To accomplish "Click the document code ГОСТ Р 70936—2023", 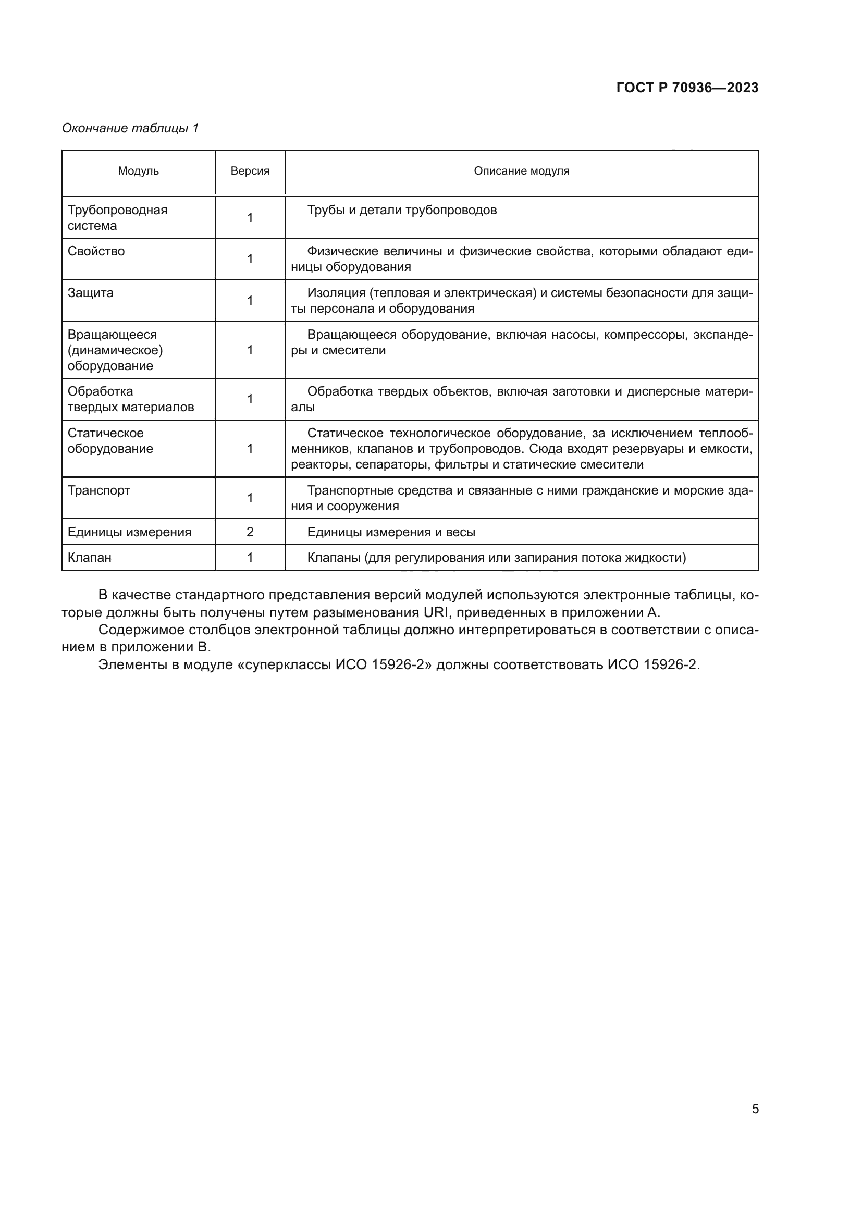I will [x=687, y=88].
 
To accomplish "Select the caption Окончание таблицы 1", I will [x=130, y=128].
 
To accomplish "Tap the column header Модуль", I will [x=138, y=171].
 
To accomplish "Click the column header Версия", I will [x=250, y=171].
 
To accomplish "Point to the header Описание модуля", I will [x=521, y=171].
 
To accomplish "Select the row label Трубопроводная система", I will [x=117, y=218].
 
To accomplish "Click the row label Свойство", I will [x=96, y=251].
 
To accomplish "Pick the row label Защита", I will [x=90, y=292].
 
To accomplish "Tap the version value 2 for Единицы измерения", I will [x=250, y=532].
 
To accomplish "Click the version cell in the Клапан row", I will [x=250, y=557].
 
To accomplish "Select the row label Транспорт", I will [x=98, y=490].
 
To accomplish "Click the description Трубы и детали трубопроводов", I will [x=402, y=210].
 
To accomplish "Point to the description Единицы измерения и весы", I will [x=391, y=532].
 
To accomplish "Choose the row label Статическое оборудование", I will [x=110, y=441].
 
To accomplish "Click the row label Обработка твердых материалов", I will [x=131, y=399].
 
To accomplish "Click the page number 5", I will [x=755, y=1109].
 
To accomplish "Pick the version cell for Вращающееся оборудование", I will [x=250, y=350].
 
